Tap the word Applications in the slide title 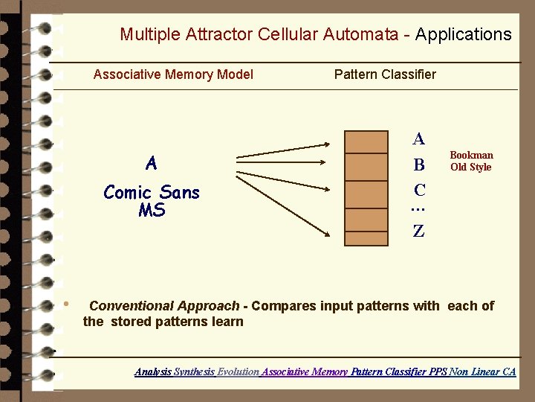coord(463,34)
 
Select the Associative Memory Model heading coord(173,74)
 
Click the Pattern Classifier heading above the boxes coord(385,74)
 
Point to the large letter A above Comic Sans coord(152,163)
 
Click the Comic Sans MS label coord(152,201)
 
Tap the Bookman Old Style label coord(471,161)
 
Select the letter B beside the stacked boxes coord(419,165)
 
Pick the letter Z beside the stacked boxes coord(419,231)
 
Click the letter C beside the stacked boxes coord(420,190)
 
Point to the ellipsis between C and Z coord(418,209)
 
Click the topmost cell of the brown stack coord(368,141)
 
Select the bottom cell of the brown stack coord(368,234)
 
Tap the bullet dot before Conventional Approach coord(66,304)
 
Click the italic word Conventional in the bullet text coord(127,306)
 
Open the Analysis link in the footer coord(152,371)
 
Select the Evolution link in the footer coord(238,371)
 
